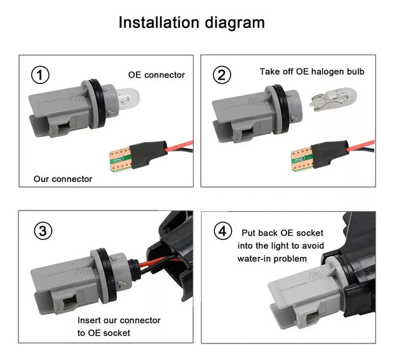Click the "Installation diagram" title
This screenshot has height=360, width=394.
191,23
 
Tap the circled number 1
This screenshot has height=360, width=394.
40,75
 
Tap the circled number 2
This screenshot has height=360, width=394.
221,75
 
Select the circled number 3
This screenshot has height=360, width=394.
43,231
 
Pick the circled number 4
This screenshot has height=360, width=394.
222,231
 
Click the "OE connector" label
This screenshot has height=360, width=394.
156,75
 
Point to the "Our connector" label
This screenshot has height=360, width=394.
63,179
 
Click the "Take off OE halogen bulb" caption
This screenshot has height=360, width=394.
312,71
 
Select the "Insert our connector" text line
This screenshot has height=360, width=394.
119,320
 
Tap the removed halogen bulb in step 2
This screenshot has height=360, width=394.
332,98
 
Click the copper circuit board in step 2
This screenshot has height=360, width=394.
301,156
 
